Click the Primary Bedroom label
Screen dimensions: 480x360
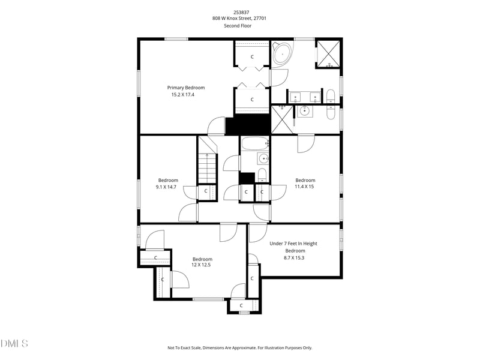tap(186, 88)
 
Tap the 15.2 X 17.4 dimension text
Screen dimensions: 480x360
tap(183, 95)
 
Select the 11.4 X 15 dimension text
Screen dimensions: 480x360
tap(304, 187)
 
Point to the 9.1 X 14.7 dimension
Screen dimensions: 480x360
tap(166, 187)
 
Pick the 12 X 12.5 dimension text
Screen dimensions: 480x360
tap(201, 265)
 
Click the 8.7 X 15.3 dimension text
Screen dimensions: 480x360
tap(294, 258)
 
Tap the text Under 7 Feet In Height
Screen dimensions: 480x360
tap(293, 244)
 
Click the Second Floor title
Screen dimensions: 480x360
tap(238, 26)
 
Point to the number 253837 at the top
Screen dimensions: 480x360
tap(241, 12)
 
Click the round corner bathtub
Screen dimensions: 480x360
tap(282, 54)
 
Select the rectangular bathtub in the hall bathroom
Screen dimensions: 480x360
tap(255, 143)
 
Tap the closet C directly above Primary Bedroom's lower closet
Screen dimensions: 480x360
tap(252, 56)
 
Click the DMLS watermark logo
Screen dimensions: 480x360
tap(14, 343)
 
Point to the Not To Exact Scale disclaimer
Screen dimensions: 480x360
tap(239, 348)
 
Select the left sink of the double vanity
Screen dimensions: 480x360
tap(295, 97)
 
